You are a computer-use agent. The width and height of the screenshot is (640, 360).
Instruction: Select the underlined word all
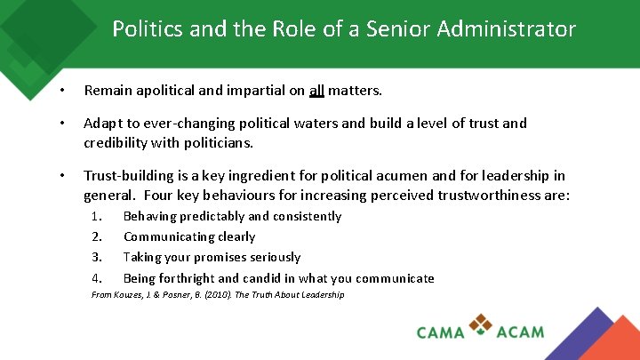coord(317,90)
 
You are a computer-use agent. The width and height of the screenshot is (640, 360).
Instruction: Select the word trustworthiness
coord(462,196)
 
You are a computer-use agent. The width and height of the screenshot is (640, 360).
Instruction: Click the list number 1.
coord(98,216)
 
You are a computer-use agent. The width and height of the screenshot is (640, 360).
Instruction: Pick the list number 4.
coord(98,278)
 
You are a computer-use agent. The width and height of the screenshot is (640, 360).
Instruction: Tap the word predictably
coord(212,216)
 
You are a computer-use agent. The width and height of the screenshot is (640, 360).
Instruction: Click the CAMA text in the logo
coord(441,332)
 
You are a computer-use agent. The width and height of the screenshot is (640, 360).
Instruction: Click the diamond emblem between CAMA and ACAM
coord(482,324)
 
